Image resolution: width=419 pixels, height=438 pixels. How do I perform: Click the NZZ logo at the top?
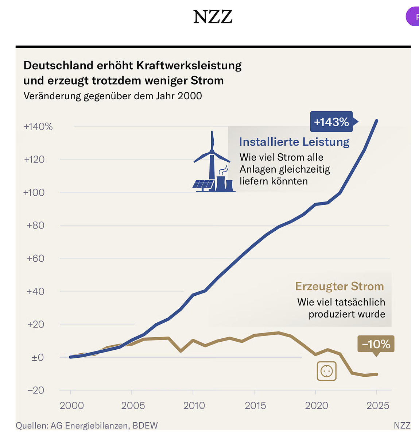tap(213, 17)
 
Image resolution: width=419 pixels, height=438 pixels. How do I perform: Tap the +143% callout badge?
tap(331, 122)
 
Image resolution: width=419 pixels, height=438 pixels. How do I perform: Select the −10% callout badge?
tap(376, 344)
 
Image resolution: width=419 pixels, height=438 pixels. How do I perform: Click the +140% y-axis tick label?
tap(38, 127)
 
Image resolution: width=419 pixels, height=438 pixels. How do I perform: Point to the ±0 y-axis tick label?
tap(38, 357)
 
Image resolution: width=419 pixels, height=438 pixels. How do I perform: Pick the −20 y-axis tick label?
tap(35, 390)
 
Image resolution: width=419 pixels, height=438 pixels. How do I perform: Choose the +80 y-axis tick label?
tap(35, 225)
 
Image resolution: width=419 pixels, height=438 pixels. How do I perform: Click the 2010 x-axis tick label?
tap(194, 406)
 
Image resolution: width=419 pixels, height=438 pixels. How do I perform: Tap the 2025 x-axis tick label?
tap(378, 406)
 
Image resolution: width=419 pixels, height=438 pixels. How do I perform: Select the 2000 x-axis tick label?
tap(72, 406)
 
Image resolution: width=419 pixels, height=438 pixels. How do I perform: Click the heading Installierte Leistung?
tap(294, 142)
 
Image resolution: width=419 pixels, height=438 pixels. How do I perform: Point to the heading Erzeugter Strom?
tap(340, 286)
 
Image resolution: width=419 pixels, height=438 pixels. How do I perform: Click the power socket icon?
tap(327, 371)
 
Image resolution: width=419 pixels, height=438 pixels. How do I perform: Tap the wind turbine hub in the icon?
tap(212, 151)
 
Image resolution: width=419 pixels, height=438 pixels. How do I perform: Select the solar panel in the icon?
tap(203, 184)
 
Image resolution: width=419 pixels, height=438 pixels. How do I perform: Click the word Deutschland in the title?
tap(58, 65)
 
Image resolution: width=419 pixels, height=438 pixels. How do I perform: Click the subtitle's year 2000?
tap(190, 96)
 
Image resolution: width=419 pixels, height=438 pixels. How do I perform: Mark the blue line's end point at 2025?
tap(377, 121)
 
